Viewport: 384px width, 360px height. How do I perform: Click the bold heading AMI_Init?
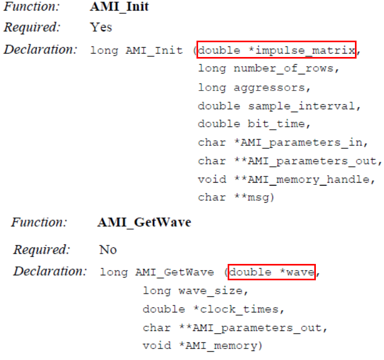[120, 8]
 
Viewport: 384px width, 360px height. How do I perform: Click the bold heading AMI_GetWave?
[144, 222]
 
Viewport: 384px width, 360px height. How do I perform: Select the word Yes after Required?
[101, 27]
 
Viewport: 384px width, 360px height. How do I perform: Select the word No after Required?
[108, 249]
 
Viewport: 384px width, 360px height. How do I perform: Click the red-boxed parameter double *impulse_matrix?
[277, 50]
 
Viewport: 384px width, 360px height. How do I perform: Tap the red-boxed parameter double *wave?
[271, 272]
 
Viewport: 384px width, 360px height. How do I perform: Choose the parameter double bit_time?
[251, 124]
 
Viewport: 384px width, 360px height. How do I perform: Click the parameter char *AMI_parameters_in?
[280, 143]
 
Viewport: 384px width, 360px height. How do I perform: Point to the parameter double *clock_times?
[202, 309]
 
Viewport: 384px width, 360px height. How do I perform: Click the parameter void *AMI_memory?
[202, 346]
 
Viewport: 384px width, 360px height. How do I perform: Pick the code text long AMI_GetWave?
[156, 273]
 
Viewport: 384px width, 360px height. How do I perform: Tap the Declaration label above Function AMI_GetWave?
[40, 50]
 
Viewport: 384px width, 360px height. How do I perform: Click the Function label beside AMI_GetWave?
[39, 222]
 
